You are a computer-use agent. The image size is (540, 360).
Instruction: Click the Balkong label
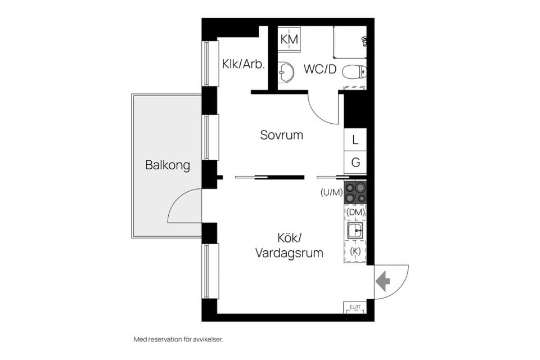[167, 165]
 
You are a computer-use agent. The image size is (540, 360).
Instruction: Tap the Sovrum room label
[281, 135]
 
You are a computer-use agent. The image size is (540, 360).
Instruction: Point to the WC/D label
[319, 69]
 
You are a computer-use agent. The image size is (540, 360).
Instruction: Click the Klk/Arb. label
[243, 64]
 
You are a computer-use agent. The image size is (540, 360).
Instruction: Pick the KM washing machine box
[289, 39]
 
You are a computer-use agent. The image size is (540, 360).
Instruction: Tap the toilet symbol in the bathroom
[354, 71]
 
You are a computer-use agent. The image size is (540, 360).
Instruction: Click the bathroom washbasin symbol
[286, 71]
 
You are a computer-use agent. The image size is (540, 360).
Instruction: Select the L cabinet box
[355, 139]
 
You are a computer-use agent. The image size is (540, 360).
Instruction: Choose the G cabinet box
[355, 163]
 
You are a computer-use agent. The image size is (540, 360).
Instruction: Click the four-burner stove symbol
[355, 192]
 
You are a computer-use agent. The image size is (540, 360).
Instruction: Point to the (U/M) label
[331, 192]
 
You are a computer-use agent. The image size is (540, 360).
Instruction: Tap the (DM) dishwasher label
[355, 212]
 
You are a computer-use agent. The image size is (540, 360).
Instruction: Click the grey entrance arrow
[383, 281]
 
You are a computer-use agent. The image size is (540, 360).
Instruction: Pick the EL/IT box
[355, 307]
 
